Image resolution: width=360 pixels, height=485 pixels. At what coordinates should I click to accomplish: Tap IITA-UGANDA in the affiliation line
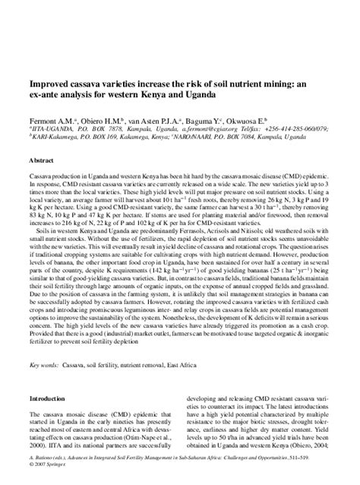(54, 129)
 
